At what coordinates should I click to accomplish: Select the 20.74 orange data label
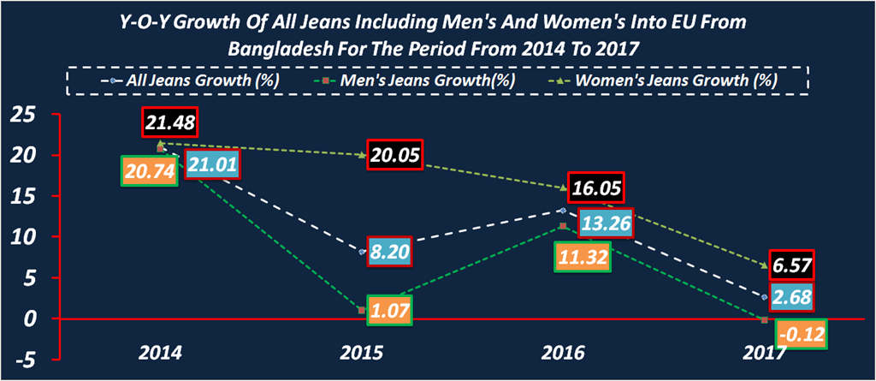click(149, 171)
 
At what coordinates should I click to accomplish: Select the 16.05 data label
click(597, 188)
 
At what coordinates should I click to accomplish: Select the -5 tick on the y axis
click(26, 360)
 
